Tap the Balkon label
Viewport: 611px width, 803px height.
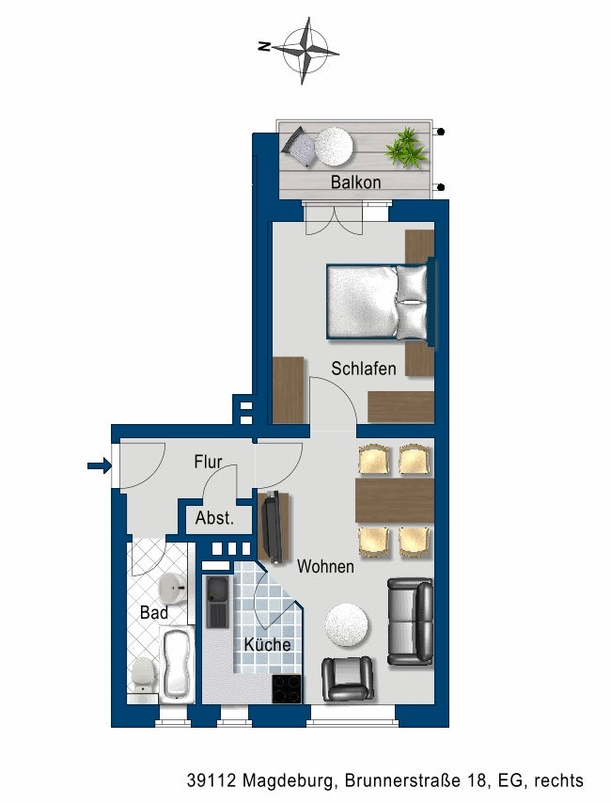pos(355,182)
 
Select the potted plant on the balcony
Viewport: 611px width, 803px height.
pos(406,148)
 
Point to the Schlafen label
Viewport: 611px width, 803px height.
pos(363,369)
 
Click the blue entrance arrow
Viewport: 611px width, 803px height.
pos(98,464)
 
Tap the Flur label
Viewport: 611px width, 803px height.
pos(207,463)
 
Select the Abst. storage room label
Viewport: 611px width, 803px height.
pos(214,518)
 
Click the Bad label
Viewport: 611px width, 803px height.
pos(153,613)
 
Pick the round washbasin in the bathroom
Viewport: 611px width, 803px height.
pos(172,589)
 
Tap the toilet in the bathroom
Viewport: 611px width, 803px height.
pos(143,674)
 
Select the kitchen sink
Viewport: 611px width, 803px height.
pos(216,602)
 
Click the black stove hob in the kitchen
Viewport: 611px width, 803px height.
pos(286,688)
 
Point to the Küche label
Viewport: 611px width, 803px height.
pos(267,645)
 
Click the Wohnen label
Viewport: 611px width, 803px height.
pos(325,567)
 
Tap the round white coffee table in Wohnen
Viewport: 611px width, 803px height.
pos(347,623)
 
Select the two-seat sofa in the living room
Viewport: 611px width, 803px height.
pos(411,622)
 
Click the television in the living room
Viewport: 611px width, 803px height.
pos(273,527)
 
